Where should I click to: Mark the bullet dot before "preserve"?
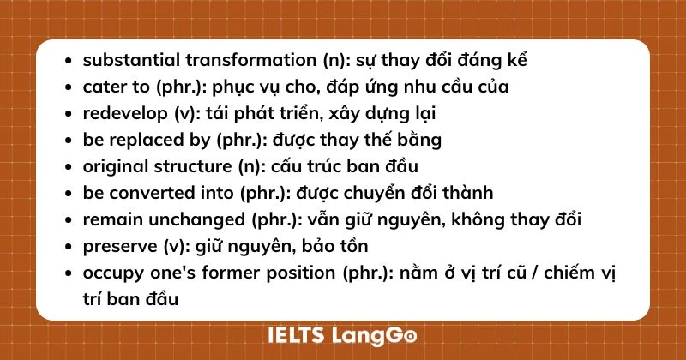[x=69, y=247]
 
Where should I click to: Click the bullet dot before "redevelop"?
[x=69, y=113]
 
